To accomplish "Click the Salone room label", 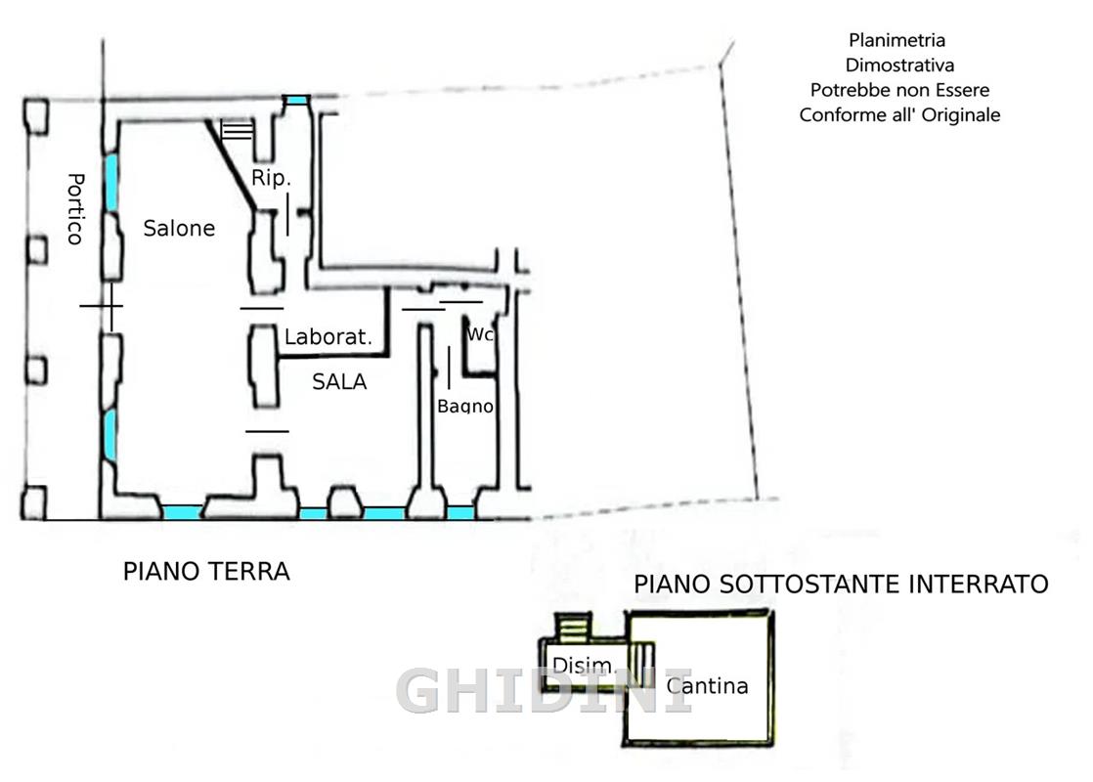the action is tap(179, 228).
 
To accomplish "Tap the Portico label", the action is tap(75, 209).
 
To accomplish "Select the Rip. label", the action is tap(271, 178).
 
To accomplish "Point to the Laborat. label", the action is tap(328, 336).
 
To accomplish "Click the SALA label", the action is tap(339, 381).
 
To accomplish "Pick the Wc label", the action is tap(480, 334).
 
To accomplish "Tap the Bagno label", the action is tap(465, 406).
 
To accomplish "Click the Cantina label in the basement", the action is tap(707, 686).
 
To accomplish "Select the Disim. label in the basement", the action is tap(585, 665).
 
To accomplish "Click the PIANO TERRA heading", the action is tap(206, 572).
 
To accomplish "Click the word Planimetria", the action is tap(897, 40).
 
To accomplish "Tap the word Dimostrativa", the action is tap(899, 65).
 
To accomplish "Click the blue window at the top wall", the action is tap(297, 101).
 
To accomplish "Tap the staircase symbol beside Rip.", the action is tap(237, 130).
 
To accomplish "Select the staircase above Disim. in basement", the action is tap(573, 627).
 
